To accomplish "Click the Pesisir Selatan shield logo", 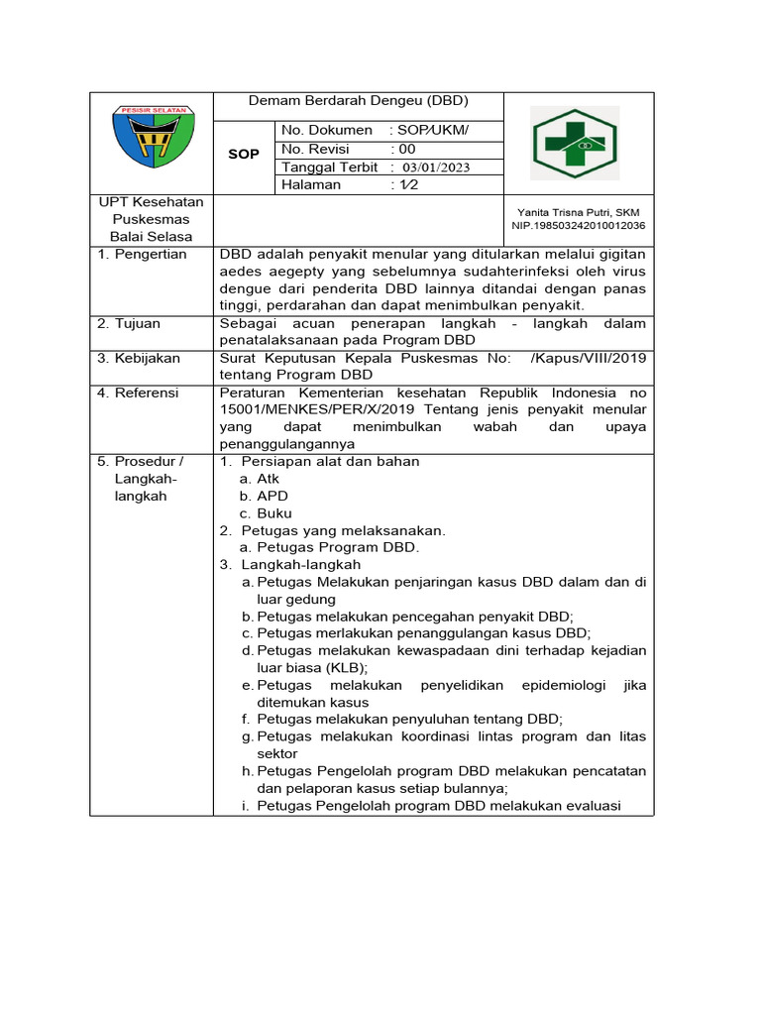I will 153,141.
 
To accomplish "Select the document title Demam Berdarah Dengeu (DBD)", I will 359,101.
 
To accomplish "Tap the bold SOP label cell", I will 243,154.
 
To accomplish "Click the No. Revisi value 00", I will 407,149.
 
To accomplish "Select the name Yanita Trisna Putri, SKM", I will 579,212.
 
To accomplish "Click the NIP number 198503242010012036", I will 579,226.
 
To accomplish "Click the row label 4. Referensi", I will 138,394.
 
